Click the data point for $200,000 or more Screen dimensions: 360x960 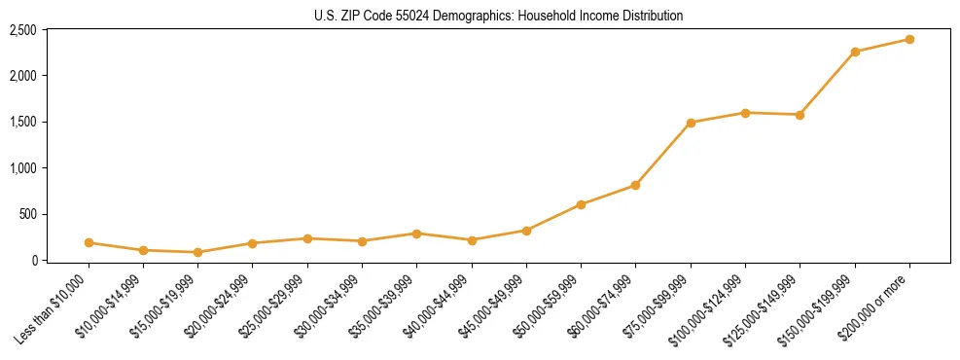909,39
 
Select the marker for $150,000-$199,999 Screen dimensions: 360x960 855,52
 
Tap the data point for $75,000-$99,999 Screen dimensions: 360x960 691,123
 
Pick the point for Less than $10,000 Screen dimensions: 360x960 89,242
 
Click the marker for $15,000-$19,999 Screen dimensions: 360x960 198,252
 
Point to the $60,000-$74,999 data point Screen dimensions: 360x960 635,185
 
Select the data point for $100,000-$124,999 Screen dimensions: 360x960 745,113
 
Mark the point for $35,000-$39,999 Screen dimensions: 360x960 417,234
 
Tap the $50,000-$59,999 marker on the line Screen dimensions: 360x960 581,204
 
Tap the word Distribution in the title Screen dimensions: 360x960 649,16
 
